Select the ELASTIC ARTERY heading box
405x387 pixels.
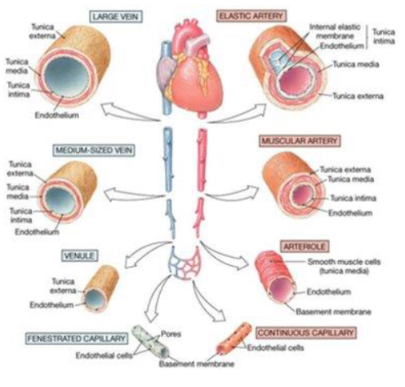[x=251, y=17]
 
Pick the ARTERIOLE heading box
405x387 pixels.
[x=305, y=246]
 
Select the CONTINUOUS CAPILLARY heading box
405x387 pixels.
[x=306, y=332]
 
